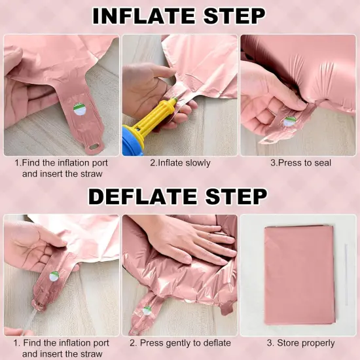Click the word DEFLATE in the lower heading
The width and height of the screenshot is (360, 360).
tap(143, 196)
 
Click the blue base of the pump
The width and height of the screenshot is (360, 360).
tap(132, 141)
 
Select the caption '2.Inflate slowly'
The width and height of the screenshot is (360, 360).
tap(180, 163)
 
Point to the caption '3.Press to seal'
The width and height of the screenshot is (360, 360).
tap(301, 163)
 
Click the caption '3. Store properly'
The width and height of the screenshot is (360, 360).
tap(301, 343)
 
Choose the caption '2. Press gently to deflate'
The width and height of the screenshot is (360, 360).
tap(180, 343)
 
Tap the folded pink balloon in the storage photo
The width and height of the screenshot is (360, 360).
tap(299, 275)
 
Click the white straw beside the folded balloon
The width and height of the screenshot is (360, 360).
tap(346, 275)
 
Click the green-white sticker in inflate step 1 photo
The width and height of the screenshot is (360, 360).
tap(79, 109)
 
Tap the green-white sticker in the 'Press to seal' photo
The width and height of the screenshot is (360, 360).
tap(290, 122)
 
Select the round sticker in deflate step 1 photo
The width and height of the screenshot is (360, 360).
tap(54, 276)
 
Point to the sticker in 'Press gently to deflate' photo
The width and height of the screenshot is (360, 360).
tap(147, 310)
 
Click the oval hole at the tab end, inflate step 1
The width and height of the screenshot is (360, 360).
tap(94, 146)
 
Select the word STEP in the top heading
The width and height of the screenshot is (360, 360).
tap(234, 16)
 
